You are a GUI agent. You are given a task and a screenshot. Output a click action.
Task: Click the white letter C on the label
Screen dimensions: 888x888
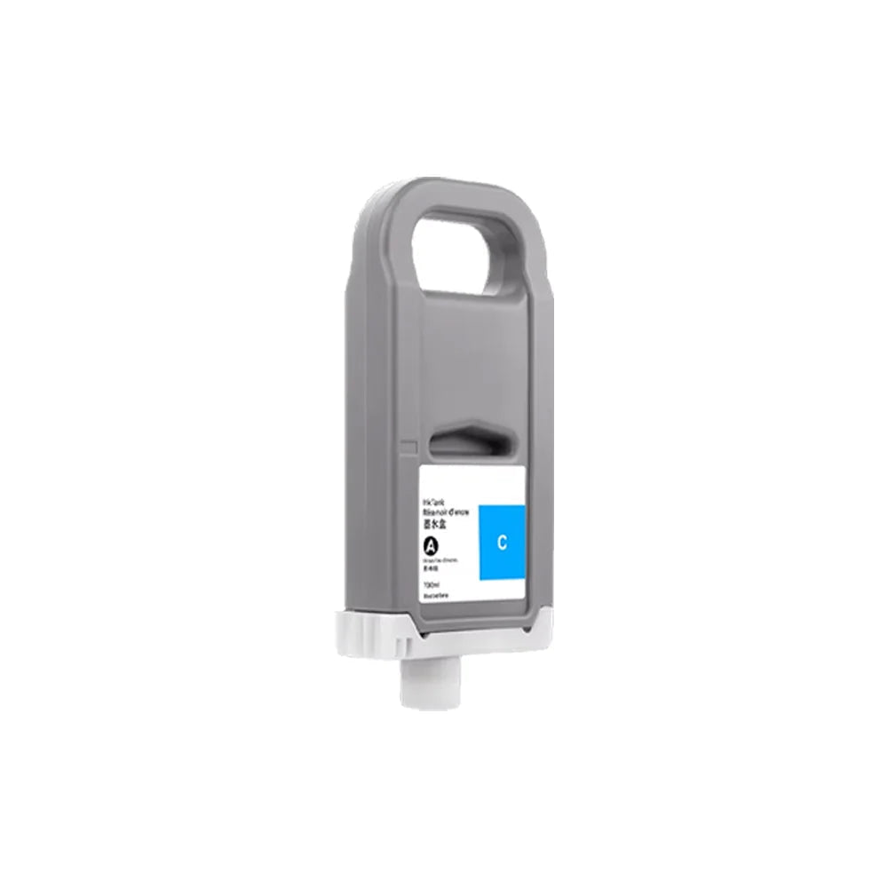click(502, 542)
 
